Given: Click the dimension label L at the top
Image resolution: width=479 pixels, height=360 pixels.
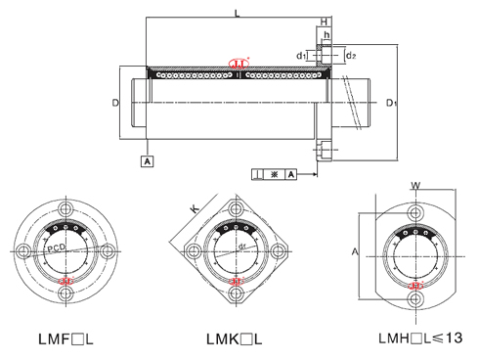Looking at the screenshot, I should tap(237, 12).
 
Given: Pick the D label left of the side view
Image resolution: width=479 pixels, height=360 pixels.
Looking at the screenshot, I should tap(114, 102).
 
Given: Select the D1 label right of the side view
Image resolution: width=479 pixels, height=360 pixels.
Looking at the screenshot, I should tap(390, 102).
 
